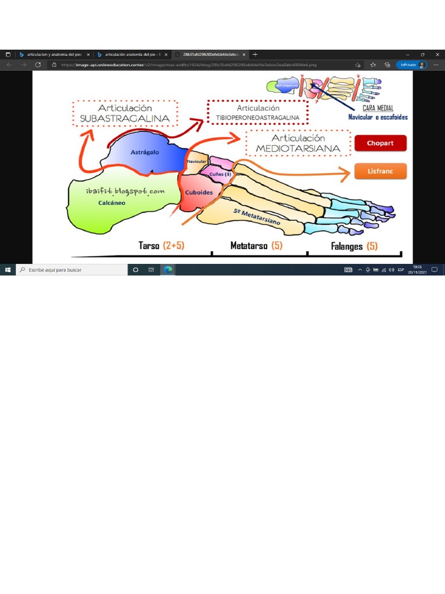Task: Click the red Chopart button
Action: (380, 143)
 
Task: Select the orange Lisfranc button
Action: (380, 171)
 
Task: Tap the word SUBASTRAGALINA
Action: (125, 118)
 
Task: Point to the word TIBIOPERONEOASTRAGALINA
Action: (258, 118)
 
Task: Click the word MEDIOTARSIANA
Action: (298, 148)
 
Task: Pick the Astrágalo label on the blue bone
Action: (141, 152)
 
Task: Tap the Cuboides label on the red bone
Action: (199, 193)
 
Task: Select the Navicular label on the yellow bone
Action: (197, 161)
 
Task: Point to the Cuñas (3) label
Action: (220, 173)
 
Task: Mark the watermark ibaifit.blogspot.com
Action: (123, 191)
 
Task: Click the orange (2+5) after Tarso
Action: (173, 245)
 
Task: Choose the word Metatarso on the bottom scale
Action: (249, 245)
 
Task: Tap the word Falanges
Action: (347, 246)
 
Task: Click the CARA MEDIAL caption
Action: (378, 108)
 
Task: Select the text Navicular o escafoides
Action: (378, 117)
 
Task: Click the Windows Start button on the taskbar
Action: (8, 270)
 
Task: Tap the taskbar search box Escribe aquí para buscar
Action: (72, 270)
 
